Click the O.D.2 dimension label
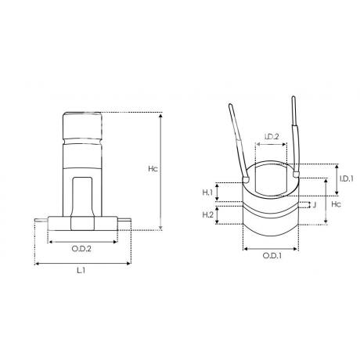coord(83,249)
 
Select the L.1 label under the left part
coord(81,271)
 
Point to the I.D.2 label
coord(271,138)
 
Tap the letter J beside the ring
coord(315,206)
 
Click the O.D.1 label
coord(272,257)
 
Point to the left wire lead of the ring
coord(238,141)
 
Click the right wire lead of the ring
coord(296,137)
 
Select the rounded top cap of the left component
coord(82,125)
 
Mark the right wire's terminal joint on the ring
coord(296,176)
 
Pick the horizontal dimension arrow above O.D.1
coord(271,249)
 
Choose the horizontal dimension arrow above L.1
coord(81,263)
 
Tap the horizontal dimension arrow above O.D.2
coord(82,241)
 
